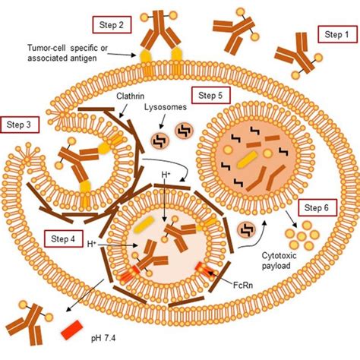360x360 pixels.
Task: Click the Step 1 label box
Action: (x=334, y=34)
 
